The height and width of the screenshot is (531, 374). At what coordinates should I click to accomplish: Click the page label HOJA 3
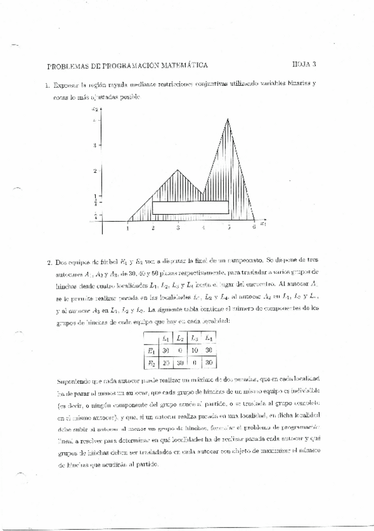coord(305,63)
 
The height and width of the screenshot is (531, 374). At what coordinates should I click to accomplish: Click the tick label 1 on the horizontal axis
coord(127,228)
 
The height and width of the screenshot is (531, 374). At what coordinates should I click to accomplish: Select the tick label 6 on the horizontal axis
coord(254,228)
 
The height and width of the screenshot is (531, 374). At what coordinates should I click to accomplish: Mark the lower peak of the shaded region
coord(178,170)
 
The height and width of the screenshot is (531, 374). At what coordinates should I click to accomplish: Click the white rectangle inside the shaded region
coord(190,207)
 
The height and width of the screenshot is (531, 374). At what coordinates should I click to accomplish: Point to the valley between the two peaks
coord(203,194)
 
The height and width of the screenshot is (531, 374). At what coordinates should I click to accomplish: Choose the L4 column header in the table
coord(208,339)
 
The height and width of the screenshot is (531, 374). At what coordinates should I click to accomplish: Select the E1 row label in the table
coord(150,351)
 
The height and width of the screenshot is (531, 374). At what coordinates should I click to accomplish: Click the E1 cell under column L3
coord(194,351)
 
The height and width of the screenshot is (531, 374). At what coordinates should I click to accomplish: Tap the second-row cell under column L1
coord(165,363)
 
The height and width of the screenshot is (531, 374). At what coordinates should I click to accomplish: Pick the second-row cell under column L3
coord(194,363)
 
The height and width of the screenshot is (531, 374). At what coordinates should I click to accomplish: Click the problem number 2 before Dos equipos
coord(49,263)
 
